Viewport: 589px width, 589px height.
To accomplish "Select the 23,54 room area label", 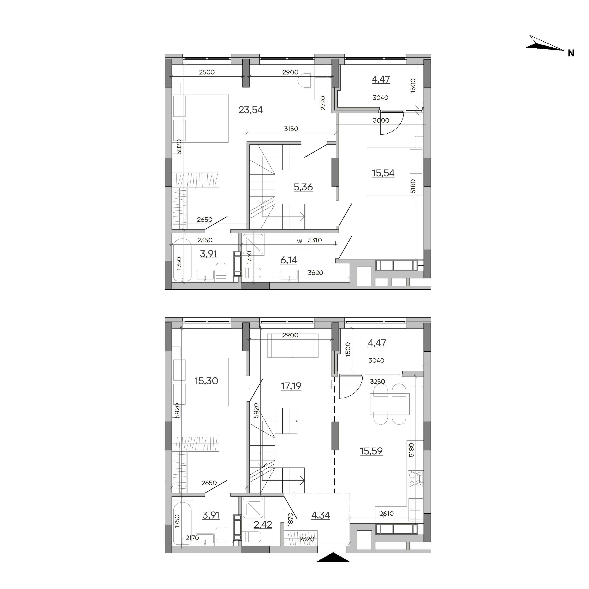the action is (251, 110).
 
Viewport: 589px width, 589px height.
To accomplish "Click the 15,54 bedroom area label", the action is (383, 173).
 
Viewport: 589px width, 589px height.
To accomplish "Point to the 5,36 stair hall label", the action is (303, 187).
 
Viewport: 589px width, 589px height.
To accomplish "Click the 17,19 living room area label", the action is (291, 386).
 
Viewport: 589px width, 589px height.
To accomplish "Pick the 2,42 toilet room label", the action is (263, 525).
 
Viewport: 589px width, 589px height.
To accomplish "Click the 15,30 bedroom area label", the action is (206, 381).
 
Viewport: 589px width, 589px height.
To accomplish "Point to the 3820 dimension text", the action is (315, 273).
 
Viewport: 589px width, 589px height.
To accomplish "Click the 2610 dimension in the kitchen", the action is (387, 514).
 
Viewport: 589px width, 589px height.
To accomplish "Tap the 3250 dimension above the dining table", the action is (377, 382).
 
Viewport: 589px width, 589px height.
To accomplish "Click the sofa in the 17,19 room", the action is (293, 346).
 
